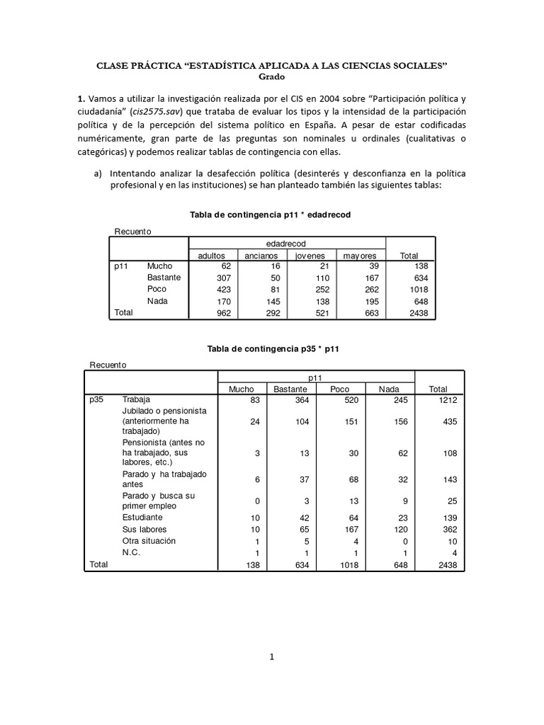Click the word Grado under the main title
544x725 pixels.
pos(271,77)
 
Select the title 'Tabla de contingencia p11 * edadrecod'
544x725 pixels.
pos(272,214)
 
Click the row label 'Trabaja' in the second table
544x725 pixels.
pos(137,400)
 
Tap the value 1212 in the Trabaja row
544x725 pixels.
pos(447,400)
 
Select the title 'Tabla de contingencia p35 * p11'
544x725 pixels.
pos(272,349)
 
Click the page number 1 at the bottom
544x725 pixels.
pos(271,656)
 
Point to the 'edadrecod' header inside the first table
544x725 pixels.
pos(285,243)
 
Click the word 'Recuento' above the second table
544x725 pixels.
pos(108,365)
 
